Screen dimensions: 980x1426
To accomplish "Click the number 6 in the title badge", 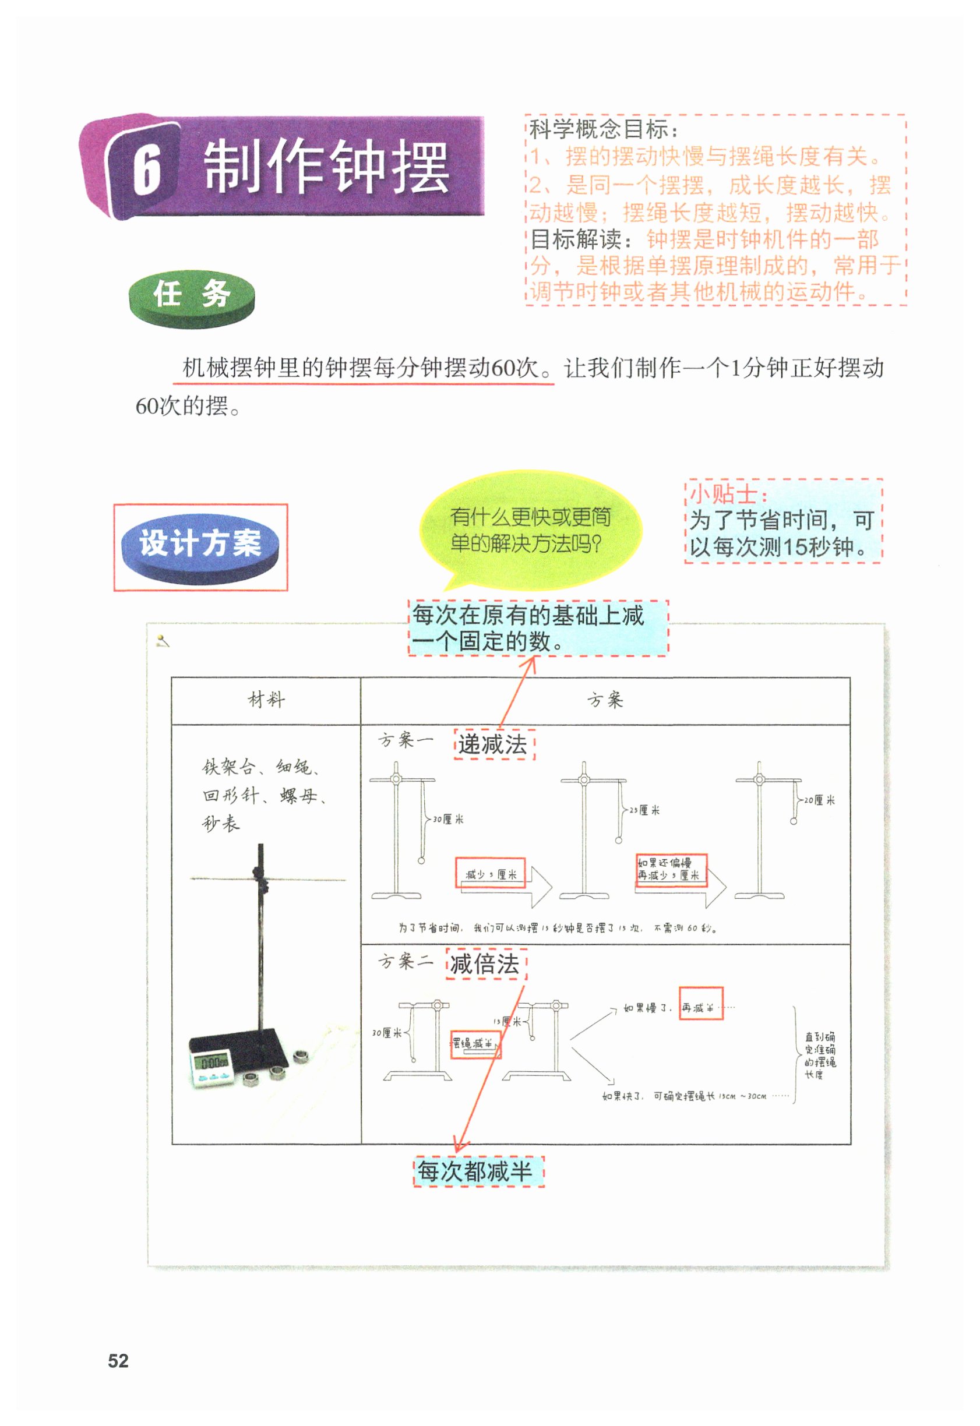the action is pyautogui.click(x=147, y=169).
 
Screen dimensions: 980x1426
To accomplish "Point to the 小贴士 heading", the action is pyautogui.click(x=728, y=494).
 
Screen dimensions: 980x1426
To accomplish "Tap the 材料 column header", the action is pyautogui.click(x=266, y=700).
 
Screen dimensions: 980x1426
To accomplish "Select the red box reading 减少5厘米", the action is pyautogui.click(x=490, y=874).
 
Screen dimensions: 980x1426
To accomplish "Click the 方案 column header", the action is pyautogui.click(x=605, y=700).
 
